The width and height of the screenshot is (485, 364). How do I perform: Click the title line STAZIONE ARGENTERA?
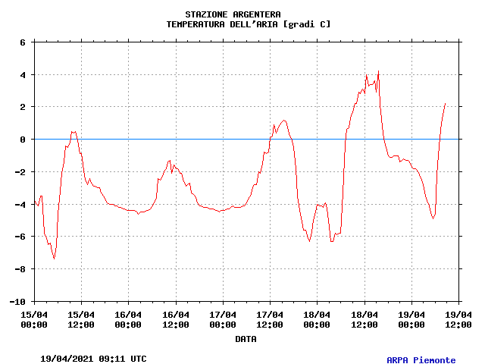click(233, 14)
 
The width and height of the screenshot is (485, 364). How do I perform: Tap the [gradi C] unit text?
click(307, 24)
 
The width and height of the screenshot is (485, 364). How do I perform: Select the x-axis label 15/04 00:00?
click(34, 319)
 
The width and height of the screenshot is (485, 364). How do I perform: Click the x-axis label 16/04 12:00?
click(176, 319)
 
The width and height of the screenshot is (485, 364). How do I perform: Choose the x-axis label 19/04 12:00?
click(458, 319)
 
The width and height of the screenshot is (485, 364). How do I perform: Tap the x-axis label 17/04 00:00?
click(223, 319)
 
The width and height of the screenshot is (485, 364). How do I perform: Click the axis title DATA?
click(246, 339)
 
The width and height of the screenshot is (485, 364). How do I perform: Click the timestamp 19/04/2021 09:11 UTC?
click(93, 359)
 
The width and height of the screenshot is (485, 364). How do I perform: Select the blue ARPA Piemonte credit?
click(421, 360)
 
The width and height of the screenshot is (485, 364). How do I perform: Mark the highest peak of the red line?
click(378, 71)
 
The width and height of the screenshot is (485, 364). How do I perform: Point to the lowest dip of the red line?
click(54, 259)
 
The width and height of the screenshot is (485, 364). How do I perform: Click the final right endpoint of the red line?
click(445, 104)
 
